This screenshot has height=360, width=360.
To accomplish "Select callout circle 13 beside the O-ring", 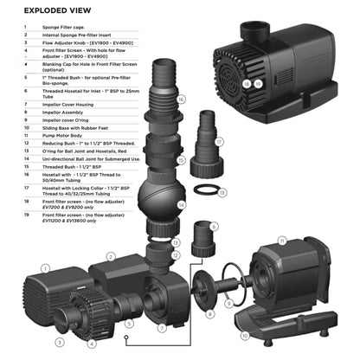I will (222, 192).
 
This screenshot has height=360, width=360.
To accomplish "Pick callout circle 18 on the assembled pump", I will (247, 83).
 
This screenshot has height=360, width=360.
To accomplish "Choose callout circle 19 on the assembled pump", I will (257, 83).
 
